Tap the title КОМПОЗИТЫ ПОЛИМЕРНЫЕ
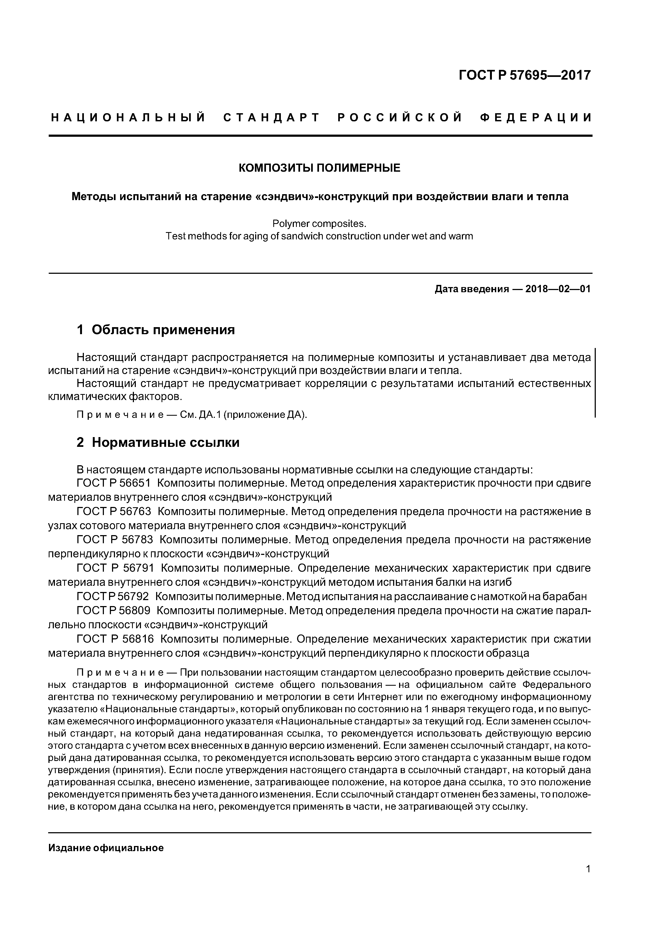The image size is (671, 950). click(320, 168)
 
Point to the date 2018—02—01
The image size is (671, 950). click(558, 289)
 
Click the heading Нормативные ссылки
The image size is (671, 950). click(165, 442)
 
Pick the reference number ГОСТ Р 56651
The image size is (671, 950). click(113, 483)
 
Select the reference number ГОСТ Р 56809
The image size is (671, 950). click(113, 610)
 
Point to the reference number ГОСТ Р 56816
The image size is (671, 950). click(115, 639)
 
